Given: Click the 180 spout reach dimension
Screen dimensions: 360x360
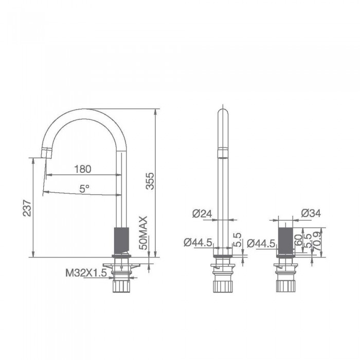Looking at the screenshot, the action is tap(83, 169).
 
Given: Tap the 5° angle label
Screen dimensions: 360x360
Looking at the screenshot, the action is tap(84, 189).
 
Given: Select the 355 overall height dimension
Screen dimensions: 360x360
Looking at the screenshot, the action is tap(150, 181).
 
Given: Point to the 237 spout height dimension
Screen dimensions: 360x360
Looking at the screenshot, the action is tap(27, 208).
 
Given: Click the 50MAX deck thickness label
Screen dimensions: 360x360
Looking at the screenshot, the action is tap(143, 233).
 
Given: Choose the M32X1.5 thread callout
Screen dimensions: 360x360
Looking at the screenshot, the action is tap(86, 273).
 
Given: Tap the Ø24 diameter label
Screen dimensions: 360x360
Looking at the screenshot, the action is tap(202, 214).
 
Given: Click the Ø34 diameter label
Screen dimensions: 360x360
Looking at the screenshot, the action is tap(311, 213).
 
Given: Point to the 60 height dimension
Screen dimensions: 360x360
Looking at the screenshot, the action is tap(298, 240).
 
